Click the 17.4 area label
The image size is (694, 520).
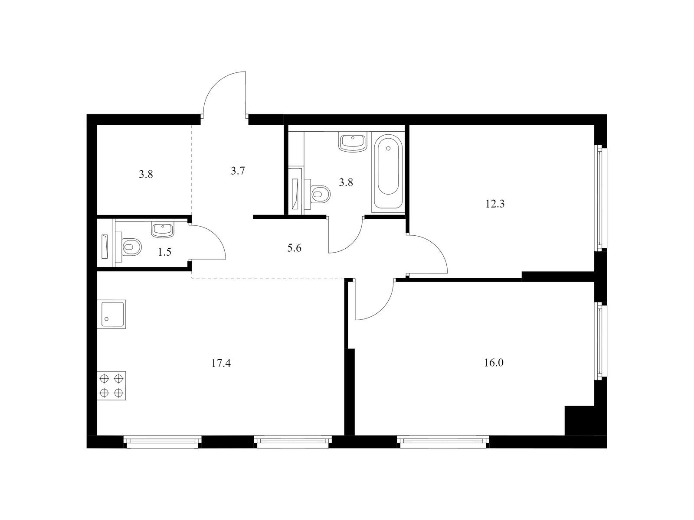click(221, 363)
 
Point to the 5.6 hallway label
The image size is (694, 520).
click(294, 248)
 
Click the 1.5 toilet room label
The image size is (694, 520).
click(164, 252)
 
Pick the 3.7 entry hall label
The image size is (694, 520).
click(238, 171)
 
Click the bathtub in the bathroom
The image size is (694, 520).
click(388, 171)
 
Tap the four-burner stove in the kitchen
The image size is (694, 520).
click(111, 385)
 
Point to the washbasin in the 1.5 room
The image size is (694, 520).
click(163, 229)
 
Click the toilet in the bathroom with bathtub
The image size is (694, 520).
click(320, 193)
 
